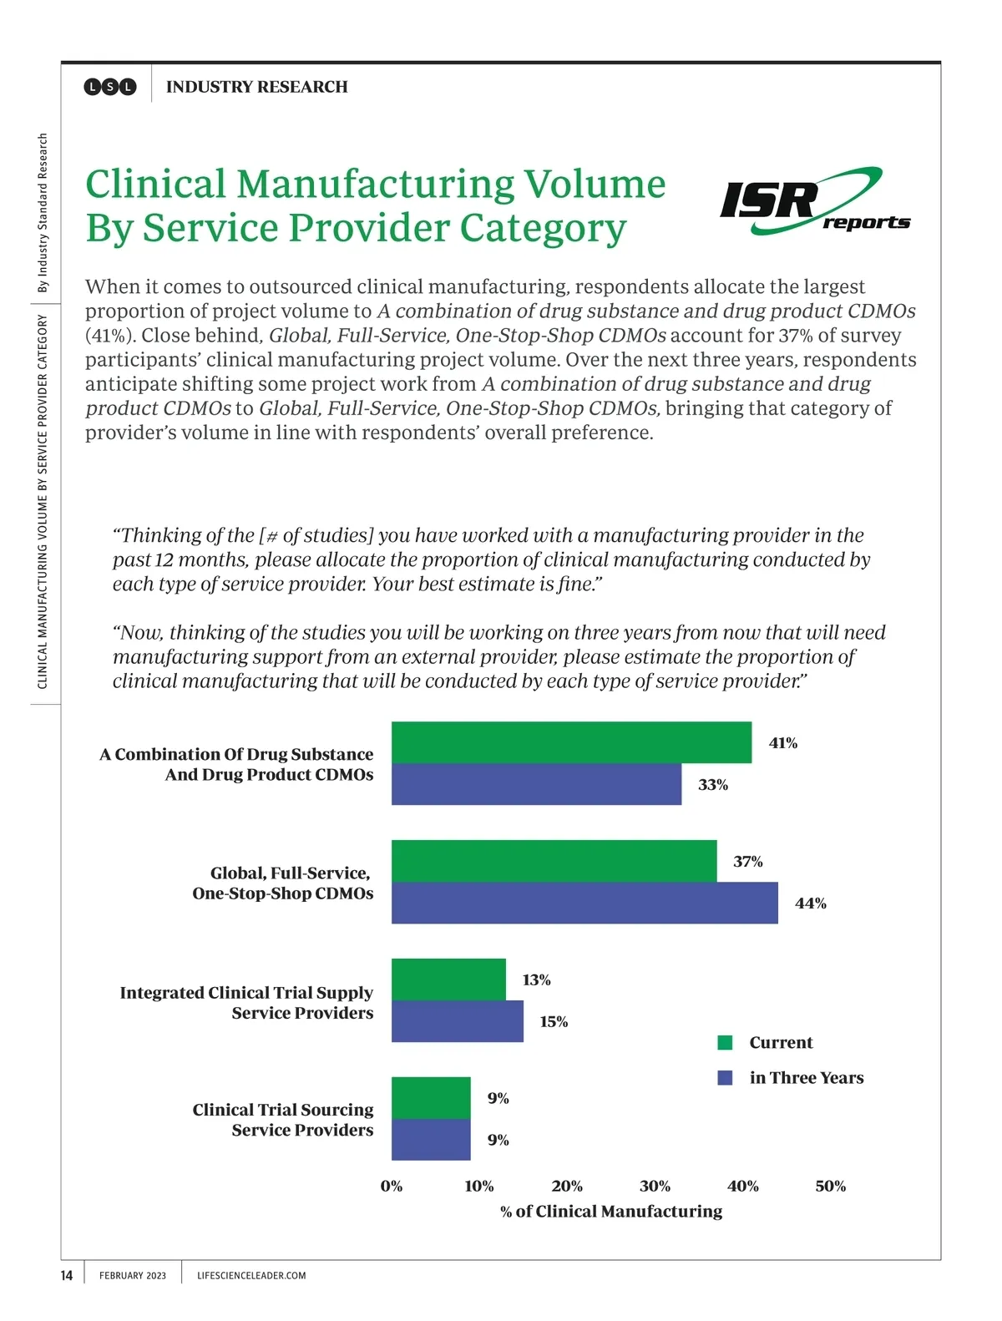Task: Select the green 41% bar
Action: point(571,742)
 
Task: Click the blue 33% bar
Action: point(536,784)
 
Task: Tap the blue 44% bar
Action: point(584,903)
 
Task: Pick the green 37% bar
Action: point(554,861)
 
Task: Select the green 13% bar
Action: point(448,979)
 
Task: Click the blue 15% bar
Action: point(458,1021)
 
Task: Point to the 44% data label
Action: point(810,903)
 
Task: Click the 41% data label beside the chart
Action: point(782,743)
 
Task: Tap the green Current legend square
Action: point(725,1042)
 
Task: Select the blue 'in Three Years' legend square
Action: point(725,1078)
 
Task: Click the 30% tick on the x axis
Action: point(655,1186)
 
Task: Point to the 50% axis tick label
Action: point(830,1186)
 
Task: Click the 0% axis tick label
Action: point(392,1186)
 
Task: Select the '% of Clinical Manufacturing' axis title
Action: point(611,1212)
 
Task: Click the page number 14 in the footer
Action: point(67,1275)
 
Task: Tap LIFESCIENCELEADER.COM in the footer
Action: point(251,1276)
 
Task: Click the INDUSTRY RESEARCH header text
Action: point(256,87)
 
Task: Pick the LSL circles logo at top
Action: point(110,87)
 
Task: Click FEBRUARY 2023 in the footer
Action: point(133,1276)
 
